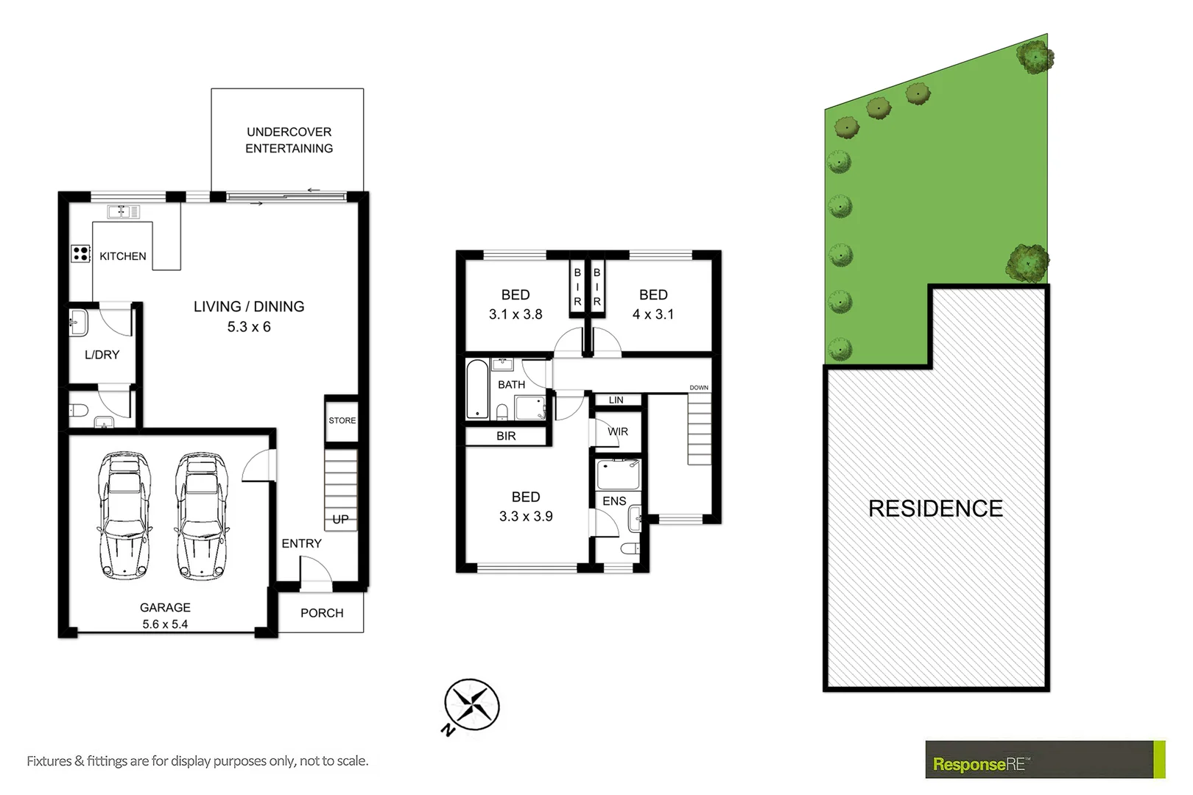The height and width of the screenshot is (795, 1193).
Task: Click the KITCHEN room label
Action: (x=122, y=256)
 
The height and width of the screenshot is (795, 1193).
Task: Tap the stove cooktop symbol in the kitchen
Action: (x=80, y=254)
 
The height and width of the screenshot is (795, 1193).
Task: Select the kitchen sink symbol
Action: (x=123, y=212)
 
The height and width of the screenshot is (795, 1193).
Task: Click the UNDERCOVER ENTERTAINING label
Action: (x=289, y=140)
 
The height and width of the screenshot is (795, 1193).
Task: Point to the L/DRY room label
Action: (x=102, y=355)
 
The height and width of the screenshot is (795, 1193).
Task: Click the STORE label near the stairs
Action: (x=342, y=420)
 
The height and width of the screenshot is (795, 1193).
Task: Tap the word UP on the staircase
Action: (x=340, y=519)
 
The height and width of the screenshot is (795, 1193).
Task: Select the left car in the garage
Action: (x=124, y=515)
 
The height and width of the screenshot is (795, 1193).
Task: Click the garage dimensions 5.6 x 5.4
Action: (x=165, y=624)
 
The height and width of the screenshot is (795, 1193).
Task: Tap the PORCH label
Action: (x=322, y=613)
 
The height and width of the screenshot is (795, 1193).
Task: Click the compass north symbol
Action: (x=471, y=705)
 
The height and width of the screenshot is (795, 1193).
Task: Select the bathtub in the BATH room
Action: (x=477, y=389)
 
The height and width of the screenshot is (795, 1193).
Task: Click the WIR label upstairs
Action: (x=618, y=431)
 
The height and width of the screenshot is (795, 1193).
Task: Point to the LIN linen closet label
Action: (x=616, y=400)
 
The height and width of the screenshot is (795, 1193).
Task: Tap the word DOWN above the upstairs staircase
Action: (x=699, y=387)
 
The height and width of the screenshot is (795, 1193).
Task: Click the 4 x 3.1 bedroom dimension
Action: (x=653, y=314)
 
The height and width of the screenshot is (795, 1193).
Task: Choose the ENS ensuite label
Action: (x=614, y=501)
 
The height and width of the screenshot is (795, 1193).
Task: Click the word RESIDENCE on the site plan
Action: (x=935, y=509)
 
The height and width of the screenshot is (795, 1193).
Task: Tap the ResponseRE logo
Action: (x=979, y=764)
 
